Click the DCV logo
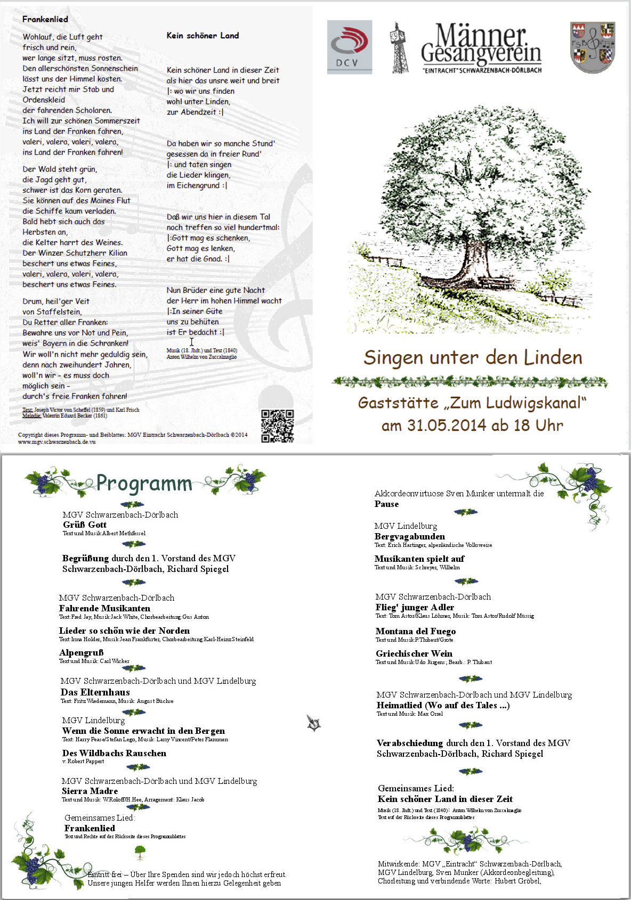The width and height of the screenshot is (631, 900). pyautogui.click(x=349, y=47)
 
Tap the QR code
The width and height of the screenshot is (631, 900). pyautogui.click(x=278, y=426)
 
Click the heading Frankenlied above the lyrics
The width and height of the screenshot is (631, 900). pyautogui.click(x=45, y=19)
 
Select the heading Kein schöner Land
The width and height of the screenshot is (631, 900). pyautogui.click(x=203, y=36)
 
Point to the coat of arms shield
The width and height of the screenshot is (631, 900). pyautogui.click(x=592, y=47)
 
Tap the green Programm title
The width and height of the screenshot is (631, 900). pyautogui.click(x=144, y=483)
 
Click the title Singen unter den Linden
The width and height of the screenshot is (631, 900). pyautogui.click(x=473, y=357)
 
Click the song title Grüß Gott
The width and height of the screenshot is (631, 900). pyautogui.click(x=85, y=525)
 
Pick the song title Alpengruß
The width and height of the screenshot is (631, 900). pyautogui.click(x=82, y=652)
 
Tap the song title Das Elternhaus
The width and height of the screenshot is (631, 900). pyautogui.click(x=95, y=692)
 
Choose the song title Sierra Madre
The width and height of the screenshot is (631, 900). pyautogui.click(x=90, y=791)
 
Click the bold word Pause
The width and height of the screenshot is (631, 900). pyautogui.click(x=386, y=504)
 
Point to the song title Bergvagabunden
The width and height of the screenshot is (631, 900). pyautogui.click(x=409, y=536)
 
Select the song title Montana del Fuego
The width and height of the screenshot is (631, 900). pyautogui.click(x=416, y=631)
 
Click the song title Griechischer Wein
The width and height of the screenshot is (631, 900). pyautogui.click(x=414, y=653)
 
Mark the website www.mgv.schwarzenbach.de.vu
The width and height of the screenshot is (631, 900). pyautogui.click(x=57, y=441)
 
